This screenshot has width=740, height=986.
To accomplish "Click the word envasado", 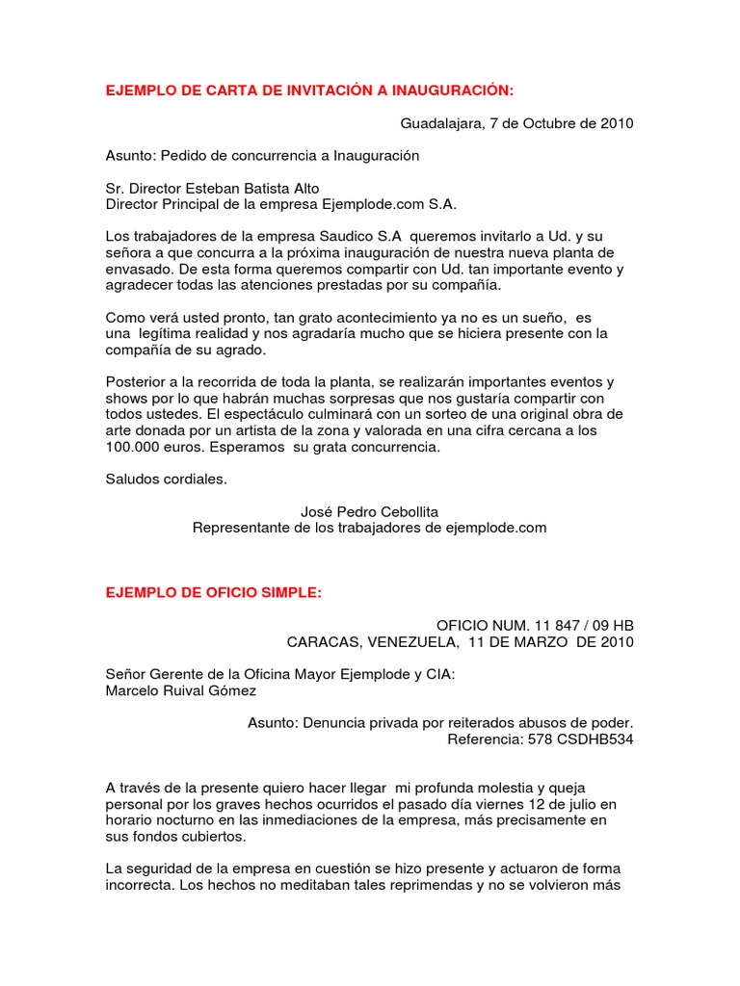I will (x=137, y=270).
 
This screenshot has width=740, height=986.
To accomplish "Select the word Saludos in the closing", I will (x=132, y=480).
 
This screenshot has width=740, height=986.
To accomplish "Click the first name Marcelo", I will (x=132, y=690).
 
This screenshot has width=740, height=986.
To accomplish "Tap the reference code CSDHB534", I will (x=591, y=739).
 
